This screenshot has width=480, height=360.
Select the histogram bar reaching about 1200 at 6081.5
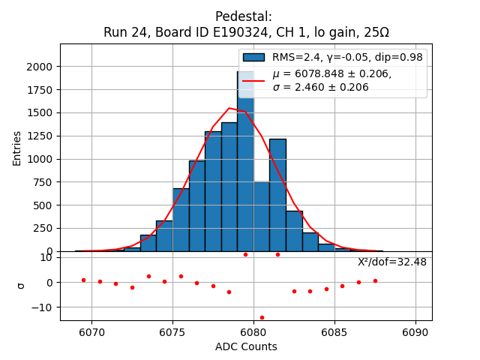click(277, 195)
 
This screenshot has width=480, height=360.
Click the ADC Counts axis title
click(246, 346)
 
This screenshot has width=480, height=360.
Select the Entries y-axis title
click(17, 148)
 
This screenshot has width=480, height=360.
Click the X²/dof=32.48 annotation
click(392, 262)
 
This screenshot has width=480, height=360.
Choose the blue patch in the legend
click(253, 57)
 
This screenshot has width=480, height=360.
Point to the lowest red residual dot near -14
click(262, 317)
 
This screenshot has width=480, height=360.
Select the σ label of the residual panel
click(20, 285)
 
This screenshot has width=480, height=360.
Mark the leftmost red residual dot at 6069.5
click(83, 280)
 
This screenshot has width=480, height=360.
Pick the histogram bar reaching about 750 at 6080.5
click(262, 217)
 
